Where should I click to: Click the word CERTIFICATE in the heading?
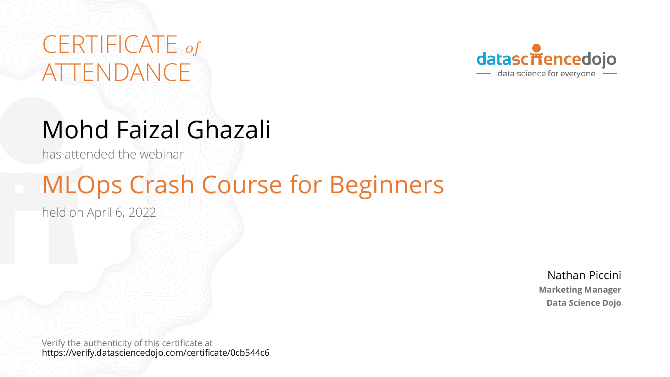click(x=110, y=44)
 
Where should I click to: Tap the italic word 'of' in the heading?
click(x=193, y=48)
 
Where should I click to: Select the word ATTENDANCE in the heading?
click(x=116, y=72)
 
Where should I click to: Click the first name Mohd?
click(x=76, y=129)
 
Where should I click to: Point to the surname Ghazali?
click(x=229, y=129)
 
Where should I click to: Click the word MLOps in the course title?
click(x=82, y=185)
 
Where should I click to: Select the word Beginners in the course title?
click(x=387, y=185)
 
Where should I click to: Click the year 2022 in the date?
click(x=142, y=212)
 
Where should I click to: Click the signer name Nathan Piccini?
click(x=584, y=275)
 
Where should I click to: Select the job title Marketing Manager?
click(x=580, y=290)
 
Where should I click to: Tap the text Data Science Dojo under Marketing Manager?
click(x=584, y=303)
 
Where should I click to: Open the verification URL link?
click(x=156, y=353)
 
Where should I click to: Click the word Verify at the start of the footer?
click(x=54, y=343)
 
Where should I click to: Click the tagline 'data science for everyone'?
click(x=546, y=73)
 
